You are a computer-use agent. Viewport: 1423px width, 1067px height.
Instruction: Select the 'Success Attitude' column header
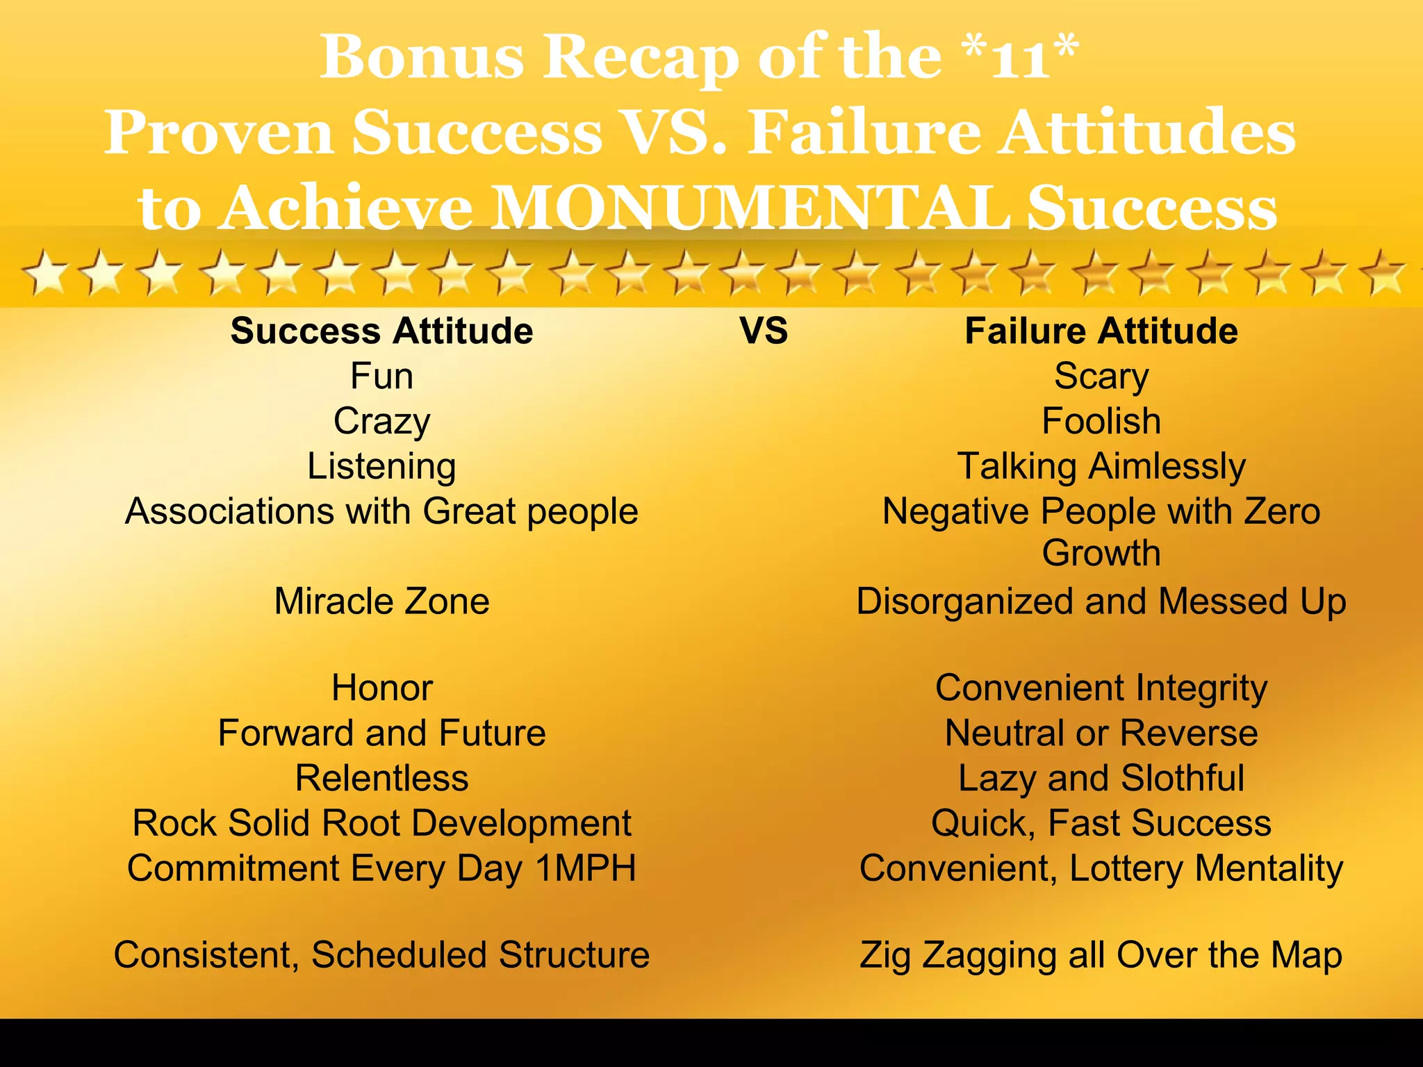(x=381, y=331)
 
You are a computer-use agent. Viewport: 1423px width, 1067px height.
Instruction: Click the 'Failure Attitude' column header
(x=1101, y=331)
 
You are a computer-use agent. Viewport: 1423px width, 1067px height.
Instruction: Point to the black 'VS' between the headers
(x=764, y=331)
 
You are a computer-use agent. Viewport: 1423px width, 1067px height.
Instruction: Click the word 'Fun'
(x=381, y=376)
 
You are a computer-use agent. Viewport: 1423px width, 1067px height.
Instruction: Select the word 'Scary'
(x=1101, y=376)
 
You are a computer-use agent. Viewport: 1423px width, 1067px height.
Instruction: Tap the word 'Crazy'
(x=381, y=422)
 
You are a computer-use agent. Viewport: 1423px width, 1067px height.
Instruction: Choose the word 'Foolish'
(x=1101, y=421)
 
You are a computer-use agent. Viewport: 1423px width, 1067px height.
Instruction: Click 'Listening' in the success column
(x=381, y=466)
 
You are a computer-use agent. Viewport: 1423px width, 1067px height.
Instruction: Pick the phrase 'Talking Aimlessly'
(x=1101, y=466)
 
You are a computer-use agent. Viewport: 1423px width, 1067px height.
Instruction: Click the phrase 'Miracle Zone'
(x=381, y=601)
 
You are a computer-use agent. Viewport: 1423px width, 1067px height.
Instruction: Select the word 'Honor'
(x=381, y=688)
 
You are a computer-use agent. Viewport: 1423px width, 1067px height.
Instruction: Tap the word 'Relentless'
(x=381, y=778)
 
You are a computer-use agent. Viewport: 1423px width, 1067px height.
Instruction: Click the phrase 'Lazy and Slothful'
(x=1101, y=778)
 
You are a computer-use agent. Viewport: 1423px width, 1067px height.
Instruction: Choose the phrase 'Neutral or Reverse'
(x=1101, y=733)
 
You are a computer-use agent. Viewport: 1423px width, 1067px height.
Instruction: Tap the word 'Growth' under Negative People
(x=1101, y=553)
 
